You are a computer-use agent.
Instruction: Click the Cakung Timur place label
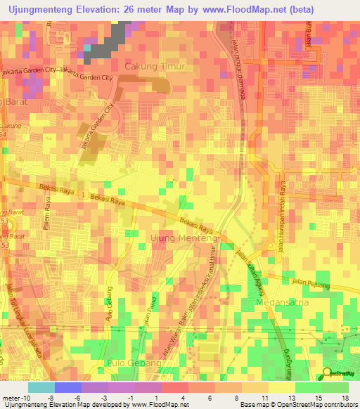click(x=154, y=67)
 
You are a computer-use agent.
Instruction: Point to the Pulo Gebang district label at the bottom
click(x=134, y=363)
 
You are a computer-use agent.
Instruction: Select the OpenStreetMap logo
click(x=338, y=372)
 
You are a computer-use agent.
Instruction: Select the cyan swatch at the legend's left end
click(x=41, y=387)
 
